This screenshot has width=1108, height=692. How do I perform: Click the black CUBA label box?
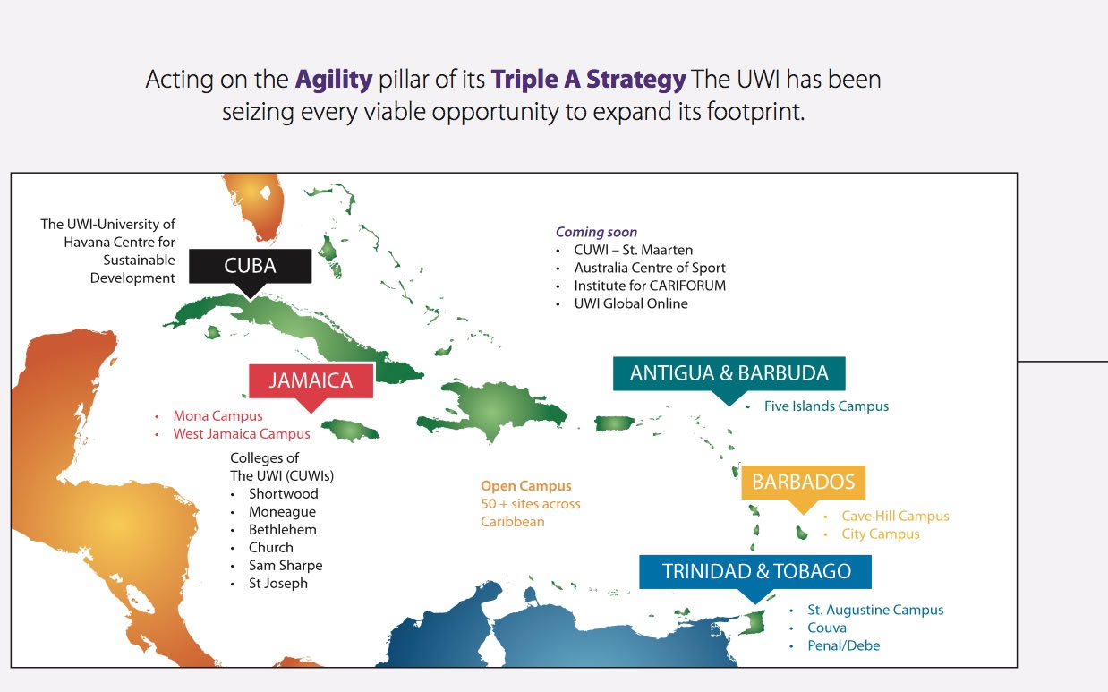point(251,266)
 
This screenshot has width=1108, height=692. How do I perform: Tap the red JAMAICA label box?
point(311,380)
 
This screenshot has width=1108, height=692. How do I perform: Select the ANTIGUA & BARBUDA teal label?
point(729,373)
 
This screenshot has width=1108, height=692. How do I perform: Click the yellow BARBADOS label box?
point(804,482)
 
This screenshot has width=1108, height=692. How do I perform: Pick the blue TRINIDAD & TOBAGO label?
point(755,572)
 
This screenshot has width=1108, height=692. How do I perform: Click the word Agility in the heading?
point(334,80)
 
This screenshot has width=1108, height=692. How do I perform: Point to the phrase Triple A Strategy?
point(588,80)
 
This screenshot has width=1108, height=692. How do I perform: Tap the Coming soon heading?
point(596,232)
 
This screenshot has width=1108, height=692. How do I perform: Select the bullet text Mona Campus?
point(217,416)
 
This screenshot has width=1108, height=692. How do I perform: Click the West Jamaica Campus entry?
point(242,434)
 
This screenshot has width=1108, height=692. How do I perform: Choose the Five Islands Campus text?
point(826,406)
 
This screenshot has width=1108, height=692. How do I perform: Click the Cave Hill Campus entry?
point(895,516)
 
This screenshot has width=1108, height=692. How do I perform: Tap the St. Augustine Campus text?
point(875,610)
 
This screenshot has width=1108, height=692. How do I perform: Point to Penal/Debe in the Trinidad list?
point(843,645)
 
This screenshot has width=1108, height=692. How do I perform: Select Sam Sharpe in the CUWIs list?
point(286,566)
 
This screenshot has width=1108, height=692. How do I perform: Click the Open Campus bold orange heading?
point(525,486)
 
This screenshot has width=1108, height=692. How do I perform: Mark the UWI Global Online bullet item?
point(631,303)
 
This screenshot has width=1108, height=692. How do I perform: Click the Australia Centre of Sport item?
point(650,268)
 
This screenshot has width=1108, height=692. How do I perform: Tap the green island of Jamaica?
point(351,430)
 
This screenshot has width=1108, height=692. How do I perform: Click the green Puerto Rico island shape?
point(614,423)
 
